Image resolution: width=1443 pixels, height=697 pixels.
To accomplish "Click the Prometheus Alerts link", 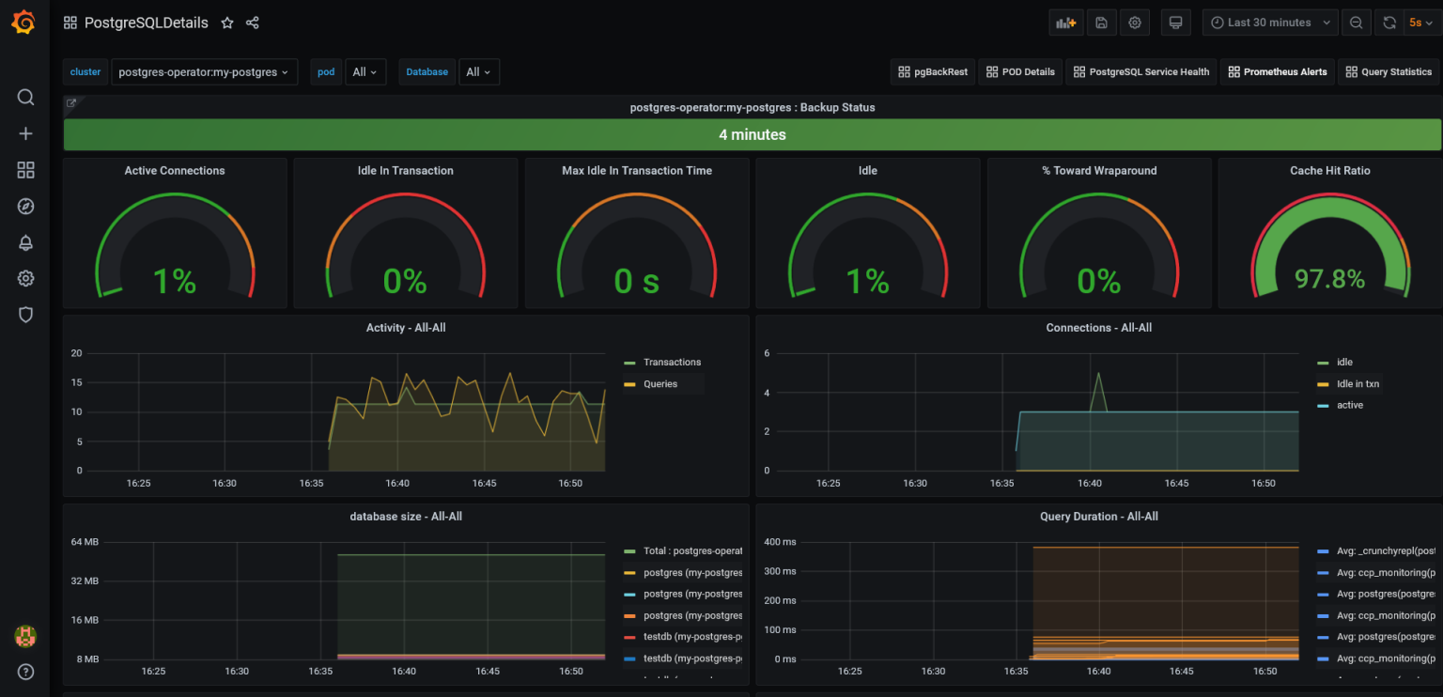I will pos(1277,72).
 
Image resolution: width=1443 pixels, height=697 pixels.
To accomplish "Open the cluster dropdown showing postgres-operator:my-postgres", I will pos(204,72).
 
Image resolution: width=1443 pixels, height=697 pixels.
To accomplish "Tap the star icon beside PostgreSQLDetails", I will pos(227,23).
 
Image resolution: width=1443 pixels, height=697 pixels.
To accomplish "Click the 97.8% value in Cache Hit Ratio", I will pos(1329,279).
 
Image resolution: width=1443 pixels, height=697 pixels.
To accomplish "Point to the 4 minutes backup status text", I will pos(752,135).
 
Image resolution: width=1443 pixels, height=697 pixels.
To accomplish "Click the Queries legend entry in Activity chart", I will pos(660,384).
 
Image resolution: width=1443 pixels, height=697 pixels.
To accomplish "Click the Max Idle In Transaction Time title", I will pos(636,171).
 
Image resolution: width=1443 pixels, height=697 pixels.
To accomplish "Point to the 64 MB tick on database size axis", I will pos(85,542).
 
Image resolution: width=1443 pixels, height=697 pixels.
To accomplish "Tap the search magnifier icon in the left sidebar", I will pos(25,98).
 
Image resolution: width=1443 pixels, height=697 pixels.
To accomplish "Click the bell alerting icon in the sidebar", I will pos(25,243).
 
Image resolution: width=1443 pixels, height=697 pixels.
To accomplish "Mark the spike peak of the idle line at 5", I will pos(1098,373).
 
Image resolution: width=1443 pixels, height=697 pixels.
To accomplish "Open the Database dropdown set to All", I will pos(478,72).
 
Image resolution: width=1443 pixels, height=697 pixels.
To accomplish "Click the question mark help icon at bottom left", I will pos(25,672).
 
